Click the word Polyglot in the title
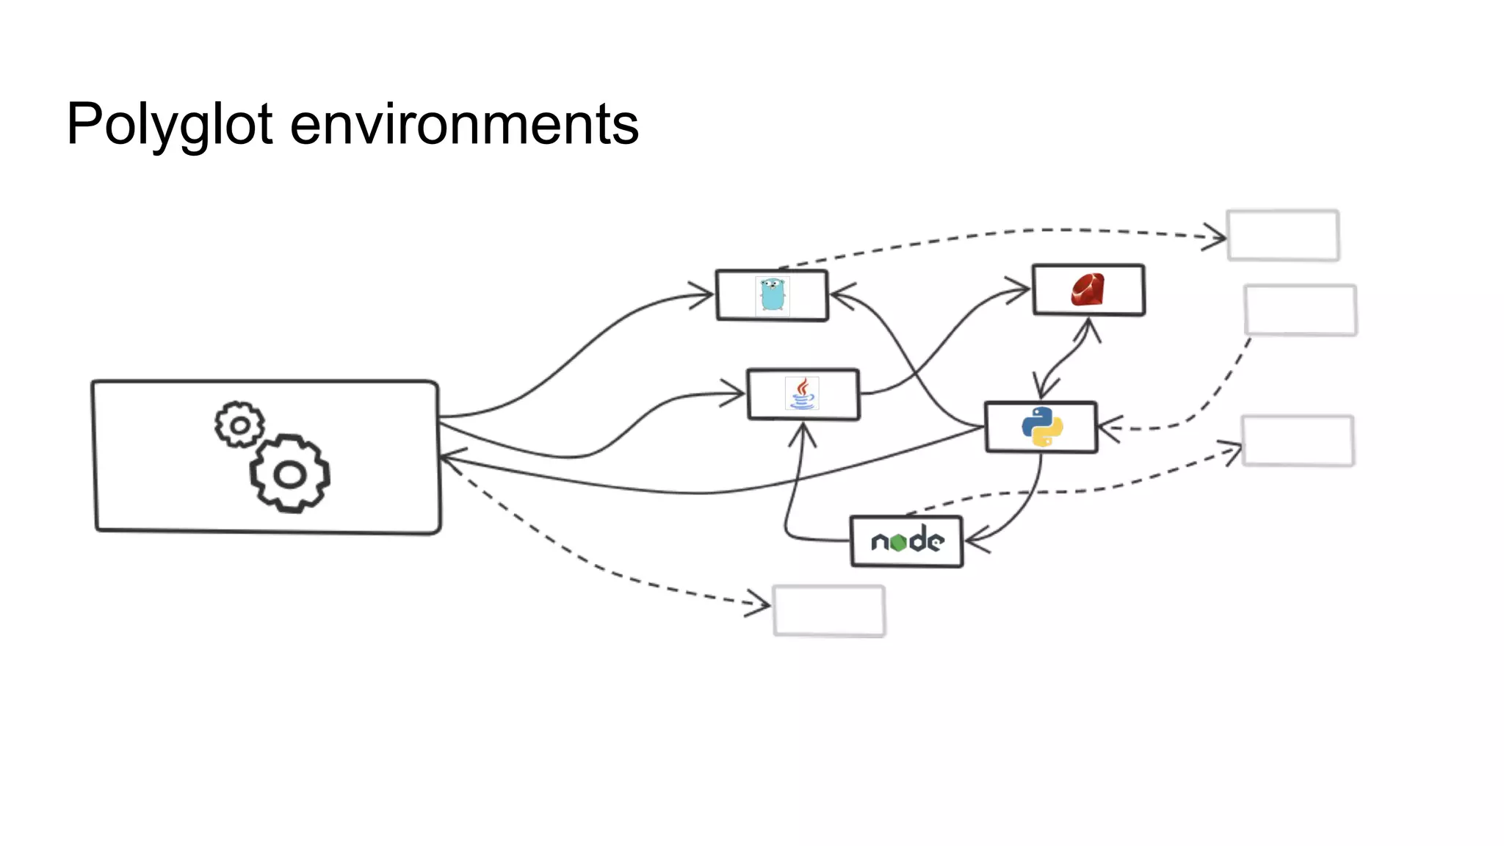tap(170, 125)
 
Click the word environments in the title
tap(464, 125)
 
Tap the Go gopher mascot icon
tap(772, 295)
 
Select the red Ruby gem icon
tap(1088, 289)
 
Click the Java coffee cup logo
tap(803, 394)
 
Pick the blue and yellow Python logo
tap(1042, 427)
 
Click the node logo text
tap(907, 541)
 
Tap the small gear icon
tap(239, 424)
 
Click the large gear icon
tap(289, 474)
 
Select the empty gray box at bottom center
tap(829, 610)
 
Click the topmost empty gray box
tap(1283, 235)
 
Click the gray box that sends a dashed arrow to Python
tap(1301, 310)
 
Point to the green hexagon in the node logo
tap(898, 543)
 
